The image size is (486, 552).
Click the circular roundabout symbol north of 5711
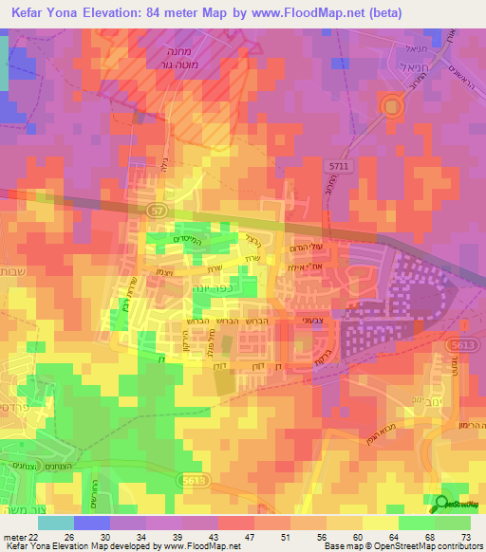pyautogui.click(x=391, y=108)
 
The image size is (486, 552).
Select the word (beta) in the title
pyautogui.click(x=381, y=13)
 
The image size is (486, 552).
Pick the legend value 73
pyautogui.click(x=466, y=537)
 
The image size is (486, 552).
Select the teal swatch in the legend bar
pyautogui.click(x=55, y=523)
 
